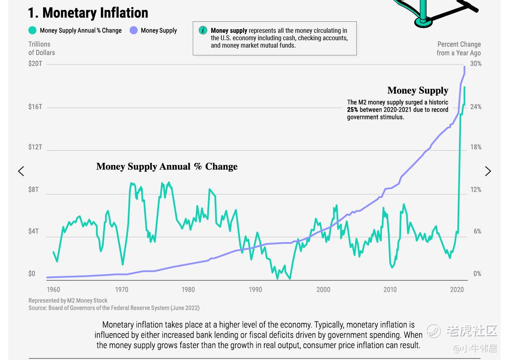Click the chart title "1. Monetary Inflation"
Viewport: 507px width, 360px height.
(88, 13)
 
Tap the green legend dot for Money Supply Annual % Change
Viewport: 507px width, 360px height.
(32, 30)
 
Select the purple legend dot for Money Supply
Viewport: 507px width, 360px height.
(133, 30)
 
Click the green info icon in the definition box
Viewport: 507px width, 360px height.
(202, 30)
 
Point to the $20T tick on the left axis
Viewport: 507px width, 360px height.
(35, 64)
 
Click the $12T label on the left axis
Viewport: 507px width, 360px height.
(35, 147)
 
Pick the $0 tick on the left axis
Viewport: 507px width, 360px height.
(32, 274)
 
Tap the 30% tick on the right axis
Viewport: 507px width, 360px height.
(476, 64)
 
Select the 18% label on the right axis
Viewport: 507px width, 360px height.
(476, 147)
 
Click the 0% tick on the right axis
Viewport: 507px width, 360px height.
(477, 274)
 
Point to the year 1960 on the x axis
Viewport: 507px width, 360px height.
(53, 290)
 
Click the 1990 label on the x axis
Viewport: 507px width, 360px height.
(255, 290)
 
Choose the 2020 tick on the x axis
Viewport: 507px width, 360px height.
(457, 290)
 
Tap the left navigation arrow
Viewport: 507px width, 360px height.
(21, 171)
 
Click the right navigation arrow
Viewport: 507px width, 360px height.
(488, 171)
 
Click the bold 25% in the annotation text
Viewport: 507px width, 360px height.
(352, 110)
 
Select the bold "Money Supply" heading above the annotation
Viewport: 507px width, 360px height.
(418, 90)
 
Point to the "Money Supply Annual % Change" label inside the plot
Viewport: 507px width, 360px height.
(167, 166)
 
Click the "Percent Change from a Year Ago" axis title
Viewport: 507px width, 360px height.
(459, 48)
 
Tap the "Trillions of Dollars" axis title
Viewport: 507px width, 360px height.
(41, 48)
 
